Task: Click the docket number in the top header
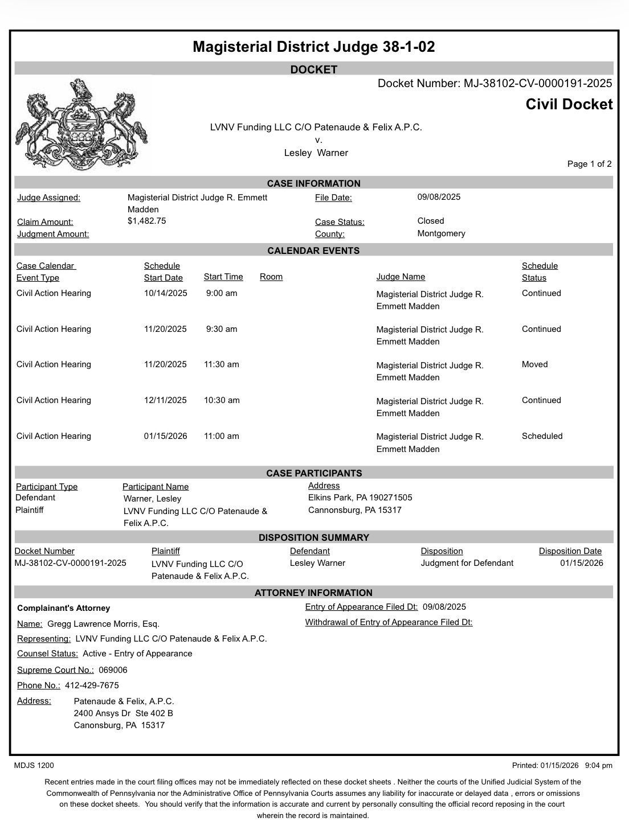click(x=495, y=84)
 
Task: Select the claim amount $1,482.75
click(x=147, y=221)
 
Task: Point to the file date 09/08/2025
click(x=439, y=197)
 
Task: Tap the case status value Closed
click(x=431, y=221)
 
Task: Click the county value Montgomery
click(x=441, y=233)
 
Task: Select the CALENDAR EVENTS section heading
click(x=313, y=250)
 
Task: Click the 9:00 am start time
click(x=222, y=293)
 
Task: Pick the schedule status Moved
click(x=534, y=364)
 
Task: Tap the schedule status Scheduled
click(x=542, y=436)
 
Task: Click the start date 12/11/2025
click(x=165, y=400)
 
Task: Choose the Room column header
click(x=271, y=277)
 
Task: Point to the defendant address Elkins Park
click(x=360, y=498)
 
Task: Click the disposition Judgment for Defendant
click(x=467, y=563)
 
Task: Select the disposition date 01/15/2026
click(x=581, y=563)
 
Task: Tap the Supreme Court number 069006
click(x=113, y=670)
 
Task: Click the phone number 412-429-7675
click(x=92, y=685)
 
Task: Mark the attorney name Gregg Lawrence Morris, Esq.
click(x=103, y=624)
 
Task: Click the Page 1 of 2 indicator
click(x=589, y=164)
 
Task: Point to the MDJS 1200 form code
click(x=34, y=766)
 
